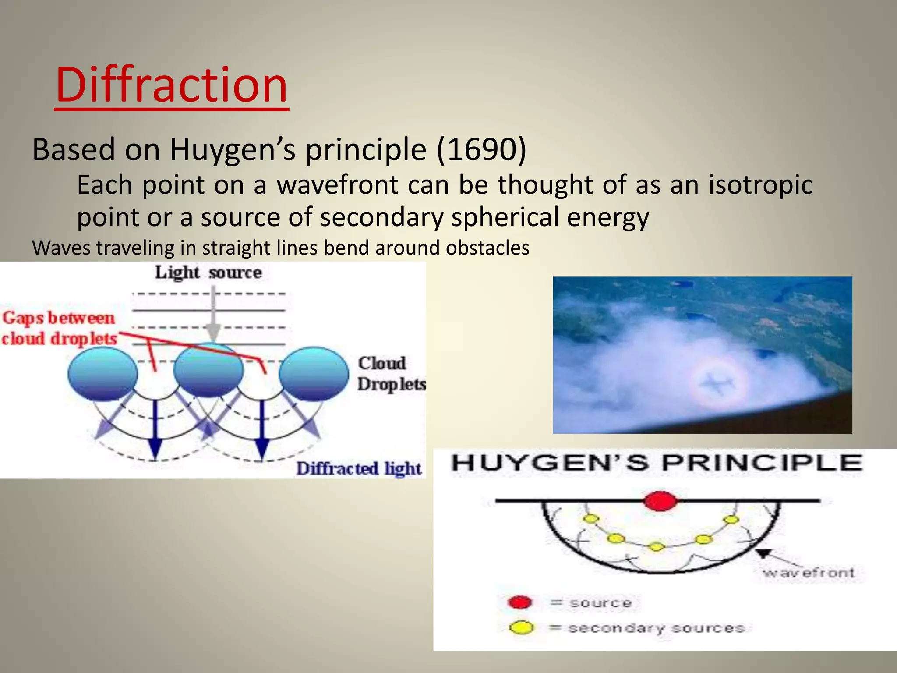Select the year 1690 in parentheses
481,149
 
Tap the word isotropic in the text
761,184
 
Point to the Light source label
208,273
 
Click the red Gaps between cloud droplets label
59,328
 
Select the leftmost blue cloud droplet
102,374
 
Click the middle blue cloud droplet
208,371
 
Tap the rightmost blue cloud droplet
314,374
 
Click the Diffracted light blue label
358,468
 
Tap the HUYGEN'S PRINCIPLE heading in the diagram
657,463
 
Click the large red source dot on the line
660,501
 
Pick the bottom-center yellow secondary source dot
656,546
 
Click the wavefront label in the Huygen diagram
808,573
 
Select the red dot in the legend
520,602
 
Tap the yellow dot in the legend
521,628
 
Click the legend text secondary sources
656,628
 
